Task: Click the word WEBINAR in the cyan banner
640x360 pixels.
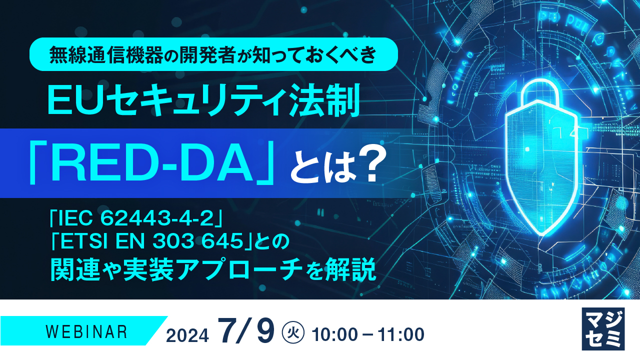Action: point(86,331)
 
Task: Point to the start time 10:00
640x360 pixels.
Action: point(334,334)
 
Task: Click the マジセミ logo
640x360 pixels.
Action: point(603,328)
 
